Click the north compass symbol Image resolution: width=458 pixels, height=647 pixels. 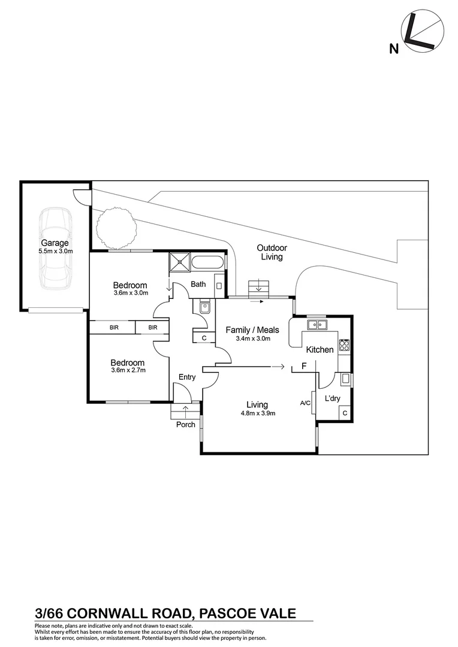[423, 34]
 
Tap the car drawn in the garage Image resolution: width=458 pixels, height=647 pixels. [54, 248]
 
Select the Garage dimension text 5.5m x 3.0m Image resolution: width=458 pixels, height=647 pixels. [55, 252]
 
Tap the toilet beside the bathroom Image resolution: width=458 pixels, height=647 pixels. [204, 307]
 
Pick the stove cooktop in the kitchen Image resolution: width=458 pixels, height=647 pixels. [344, 344]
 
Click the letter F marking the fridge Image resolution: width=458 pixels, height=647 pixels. [304, 365]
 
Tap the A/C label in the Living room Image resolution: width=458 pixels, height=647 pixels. [305, 403]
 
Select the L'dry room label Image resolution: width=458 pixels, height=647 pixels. [333, 399]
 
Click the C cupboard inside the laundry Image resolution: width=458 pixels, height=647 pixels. [345, 413]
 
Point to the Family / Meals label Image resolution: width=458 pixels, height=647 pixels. [252, 330]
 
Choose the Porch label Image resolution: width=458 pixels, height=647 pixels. [185, 425]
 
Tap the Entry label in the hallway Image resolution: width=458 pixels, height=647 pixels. [187, 377]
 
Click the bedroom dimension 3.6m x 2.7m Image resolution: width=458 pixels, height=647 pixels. [128, 370]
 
